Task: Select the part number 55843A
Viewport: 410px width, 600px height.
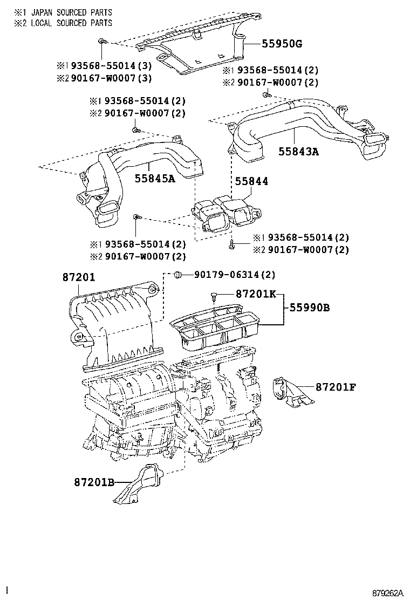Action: point(298,152)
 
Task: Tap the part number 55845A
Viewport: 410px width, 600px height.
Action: point(155,179)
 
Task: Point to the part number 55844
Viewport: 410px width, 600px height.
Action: point(251,182)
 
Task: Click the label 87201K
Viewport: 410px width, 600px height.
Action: point(255,294)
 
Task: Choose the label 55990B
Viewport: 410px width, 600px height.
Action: point(309,308)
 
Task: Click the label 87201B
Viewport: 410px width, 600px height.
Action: point(94,482)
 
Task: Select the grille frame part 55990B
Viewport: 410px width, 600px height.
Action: point(216,329)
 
